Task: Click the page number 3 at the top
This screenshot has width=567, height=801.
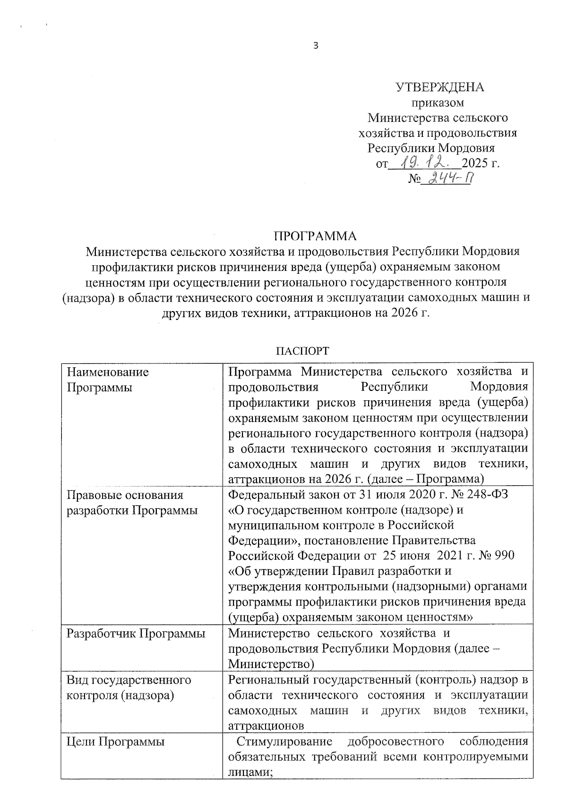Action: click(x=316, y=46)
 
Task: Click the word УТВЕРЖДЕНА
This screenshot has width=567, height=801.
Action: click(x=439, y=87)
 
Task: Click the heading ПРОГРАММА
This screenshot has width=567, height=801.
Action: click(x=316, y=236)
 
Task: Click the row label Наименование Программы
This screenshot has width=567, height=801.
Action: click(x=108, y=379)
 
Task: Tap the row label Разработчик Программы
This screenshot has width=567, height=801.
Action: click(x=136, y=633)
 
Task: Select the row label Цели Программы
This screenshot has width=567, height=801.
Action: click(x=116, y=742)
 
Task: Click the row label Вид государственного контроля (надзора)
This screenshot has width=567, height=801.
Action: click(x=129, y=687)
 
